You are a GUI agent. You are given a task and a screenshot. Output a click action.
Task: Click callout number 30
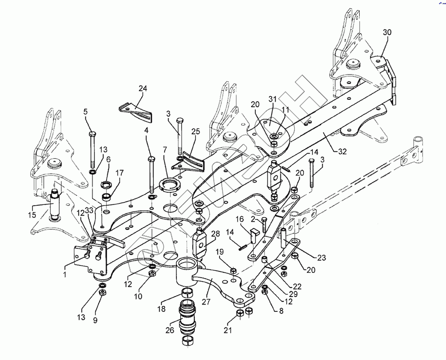click(387, 33)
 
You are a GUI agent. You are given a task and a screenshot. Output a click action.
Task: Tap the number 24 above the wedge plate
click(143, 89)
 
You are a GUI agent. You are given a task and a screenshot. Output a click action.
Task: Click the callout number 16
click(239, 218)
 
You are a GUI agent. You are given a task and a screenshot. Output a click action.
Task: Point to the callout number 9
click(96, 320)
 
